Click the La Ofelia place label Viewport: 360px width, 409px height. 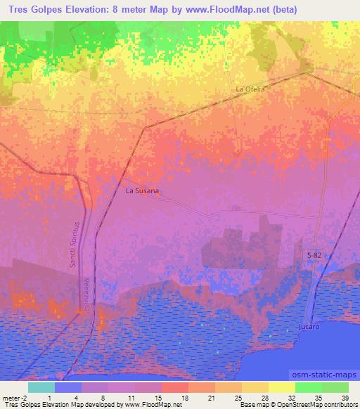point(250,89)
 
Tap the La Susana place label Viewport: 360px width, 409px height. point(142,190)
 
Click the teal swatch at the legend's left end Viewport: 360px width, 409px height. point(41,387)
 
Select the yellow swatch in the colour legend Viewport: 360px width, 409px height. point(282,387)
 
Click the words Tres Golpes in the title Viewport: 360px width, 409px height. point(32,10)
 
